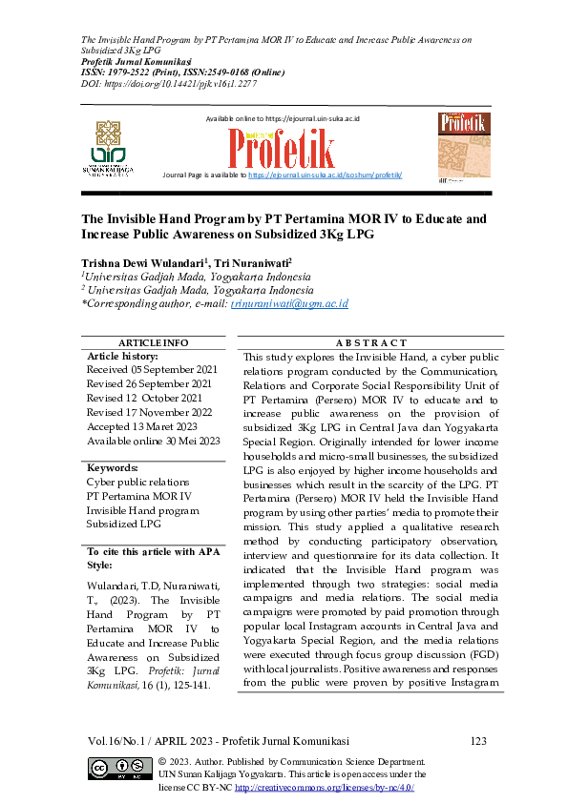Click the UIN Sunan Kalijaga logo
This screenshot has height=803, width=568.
tap(113, 148)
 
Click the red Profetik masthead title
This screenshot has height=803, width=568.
tap(281, 148)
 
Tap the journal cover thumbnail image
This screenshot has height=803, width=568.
tap(464, 144)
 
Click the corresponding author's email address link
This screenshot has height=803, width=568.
tap(289, 303)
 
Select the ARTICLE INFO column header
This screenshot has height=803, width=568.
tap(153, 342)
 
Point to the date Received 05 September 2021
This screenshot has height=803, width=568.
tap(154, 368)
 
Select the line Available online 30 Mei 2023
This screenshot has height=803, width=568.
tap(154, 441)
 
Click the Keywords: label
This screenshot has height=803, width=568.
tap(113, 468)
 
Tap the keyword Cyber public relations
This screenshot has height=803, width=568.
tap(138, 483)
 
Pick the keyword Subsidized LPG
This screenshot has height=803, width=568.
tap(125, 524)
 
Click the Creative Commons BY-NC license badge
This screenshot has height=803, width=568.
tap(120, 769)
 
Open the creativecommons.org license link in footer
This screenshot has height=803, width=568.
tap(324, 788)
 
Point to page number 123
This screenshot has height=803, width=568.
tap(479, 741)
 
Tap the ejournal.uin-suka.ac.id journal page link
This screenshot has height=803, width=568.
tap(325, 175)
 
